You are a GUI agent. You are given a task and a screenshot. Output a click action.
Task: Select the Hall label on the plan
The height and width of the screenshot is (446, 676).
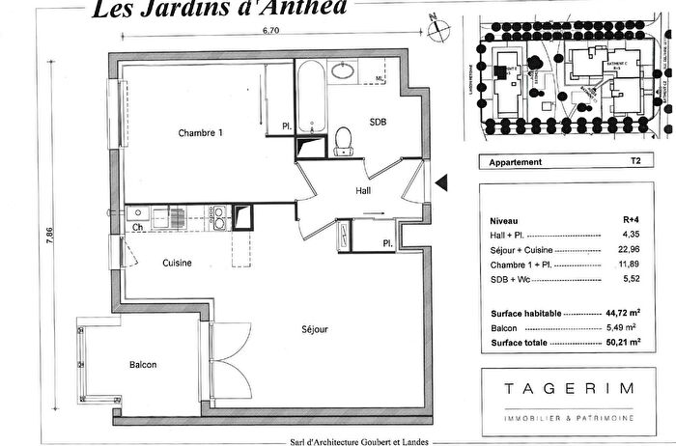point(363,190)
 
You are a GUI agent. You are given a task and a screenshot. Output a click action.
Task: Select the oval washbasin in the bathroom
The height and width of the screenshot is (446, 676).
point(342,70)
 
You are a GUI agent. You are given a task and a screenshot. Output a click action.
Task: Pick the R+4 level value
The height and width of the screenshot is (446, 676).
point(633,220)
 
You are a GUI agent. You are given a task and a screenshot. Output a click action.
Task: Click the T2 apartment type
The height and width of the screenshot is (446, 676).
point(634,162)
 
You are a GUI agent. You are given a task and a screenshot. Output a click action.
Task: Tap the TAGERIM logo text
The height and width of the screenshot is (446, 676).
point(568,388)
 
